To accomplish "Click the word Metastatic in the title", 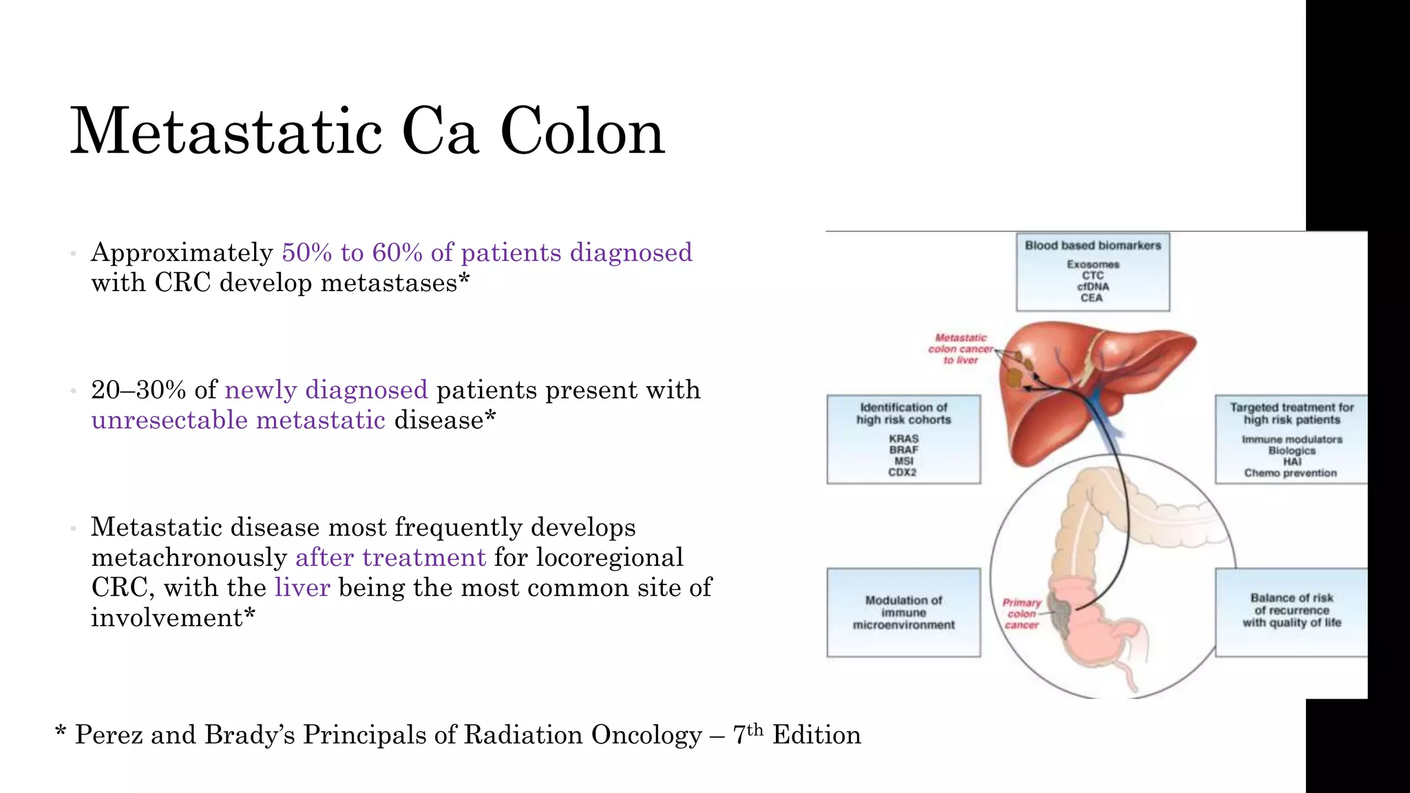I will coord(226,131).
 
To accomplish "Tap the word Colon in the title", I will coord(582,131).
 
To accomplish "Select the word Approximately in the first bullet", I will coord(182,253).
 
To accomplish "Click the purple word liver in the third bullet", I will coord(302,587).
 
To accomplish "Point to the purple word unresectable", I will coord(169,420).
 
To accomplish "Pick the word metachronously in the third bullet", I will coord(189,558).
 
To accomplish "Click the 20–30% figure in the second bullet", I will coord(138,390).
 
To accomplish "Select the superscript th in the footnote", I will coord(755,729).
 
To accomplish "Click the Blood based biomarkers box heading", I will coord(1093,246).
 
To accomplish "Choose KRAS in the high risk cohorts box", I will coord(903,439).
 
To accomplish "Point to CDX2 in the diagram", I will coord(903,473).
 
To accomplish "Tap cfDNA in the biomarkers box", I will coord(1093,287).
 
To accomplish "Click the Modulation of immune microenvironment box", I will coord(903,613).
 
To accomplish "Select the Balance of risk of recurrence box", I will coord(1291,611).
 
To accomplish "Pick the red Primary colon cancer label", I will coord(1022,613).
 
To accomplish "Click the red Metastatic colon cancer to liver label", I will coord(960,349).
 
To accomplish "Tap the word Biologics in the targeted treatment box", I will coord(1292,451).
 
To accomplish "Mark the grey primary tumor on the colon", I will coord(1060,612).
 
